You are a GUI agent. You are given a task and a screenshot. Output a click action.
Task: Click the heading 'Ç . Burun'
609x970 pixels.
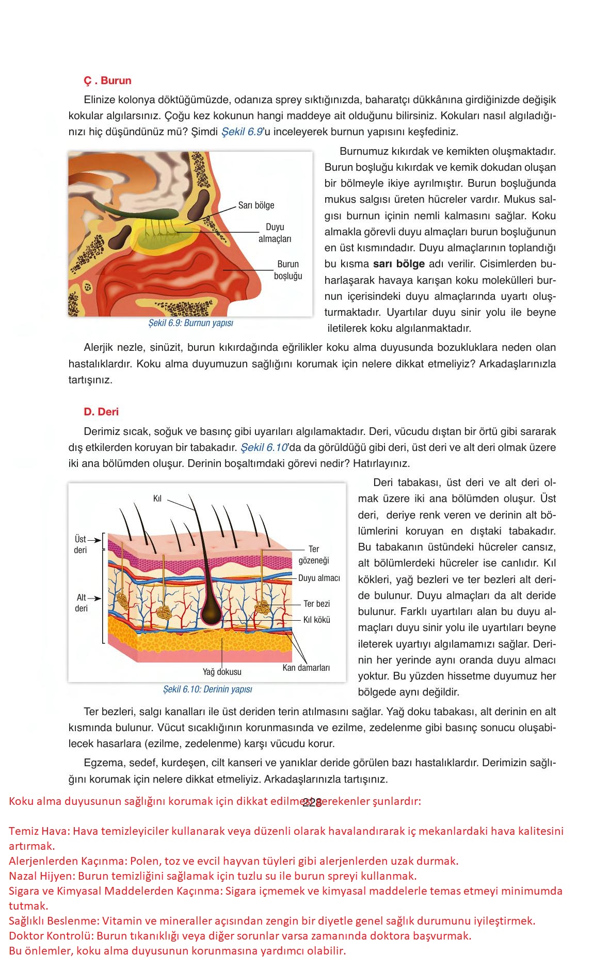[x=107, y=80]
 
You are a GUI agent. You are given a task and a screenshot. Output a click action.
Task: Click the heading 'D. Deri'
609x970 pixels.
[x=101, y=412]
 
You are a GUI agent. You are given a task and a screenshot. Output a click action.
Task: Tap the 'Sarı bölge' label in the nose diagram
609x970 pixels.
[x=256, y=205]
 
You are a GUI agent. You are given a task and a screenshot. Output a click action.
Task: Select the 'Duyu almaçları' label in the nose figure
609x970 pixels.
[x=275, y=233]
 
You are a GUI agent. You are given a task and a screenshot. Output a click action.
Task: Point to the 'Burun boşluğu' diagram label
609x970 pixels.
[x=288, y=270]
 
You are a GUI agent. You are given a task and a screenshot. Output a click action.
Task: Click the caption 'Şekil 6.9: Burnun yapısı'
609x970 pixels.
[x=190, y=323]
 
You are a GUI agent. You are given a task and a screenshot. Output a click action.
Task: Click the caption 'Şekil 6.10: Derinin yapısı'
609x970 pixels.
[x=207, y=689]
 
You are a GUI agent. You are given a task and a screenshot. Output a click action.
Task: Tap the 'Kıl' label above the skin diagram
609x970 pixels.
[x=157, y=498]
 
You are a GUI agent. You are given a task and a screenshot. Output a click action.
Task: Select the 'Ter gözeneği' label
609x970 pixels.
[x=314, y=555]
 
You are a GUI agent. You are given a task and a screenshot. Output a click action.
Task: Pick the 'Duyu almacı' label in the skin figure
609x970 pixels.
[x=319, y=578]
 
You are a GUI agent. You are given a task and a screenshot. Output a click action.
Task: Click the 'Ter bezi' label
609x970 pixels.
[x=316, y=604]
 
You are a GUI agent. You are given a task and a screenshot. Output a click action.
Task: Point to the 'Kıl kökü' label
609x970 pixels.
[x=316, y=620]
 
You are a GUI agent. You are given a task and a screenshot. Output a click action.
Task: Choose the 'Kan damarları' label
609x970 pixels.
[x=306, y=668]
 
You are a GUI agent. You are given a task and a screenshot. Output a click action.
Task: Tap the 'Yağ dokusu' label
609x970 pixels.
[x=222, y=672]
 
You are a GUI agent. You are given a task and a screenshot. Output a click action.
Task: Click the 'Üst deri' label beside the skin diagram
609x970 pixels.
[x=81, y=545]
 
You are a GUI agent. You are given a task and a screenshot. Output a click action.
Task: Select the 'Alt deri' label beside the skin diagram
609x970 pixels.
[x=81, y=603]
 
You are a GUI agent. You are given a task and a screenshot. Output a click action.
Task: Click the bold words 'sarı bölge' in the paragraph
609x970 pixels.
[x=398, y=264]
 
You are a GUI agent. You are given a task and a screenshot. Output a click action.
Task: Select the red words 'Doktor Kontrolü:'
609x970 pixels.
[x=51, y=936]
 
